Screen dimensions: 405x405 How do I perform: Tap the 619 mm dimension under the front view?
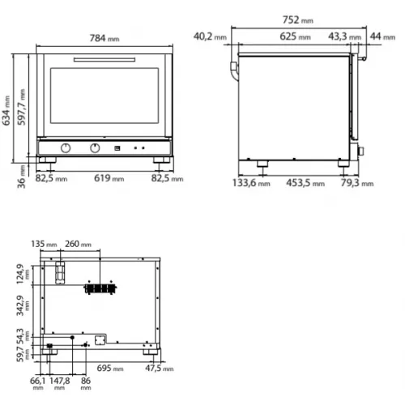[x=108, y=177]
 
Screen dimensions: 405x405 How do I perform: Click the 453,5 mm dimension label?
[x=305, y=183]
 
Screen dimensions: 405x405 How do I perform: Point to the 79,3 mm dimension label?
[x=357, y=183]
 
